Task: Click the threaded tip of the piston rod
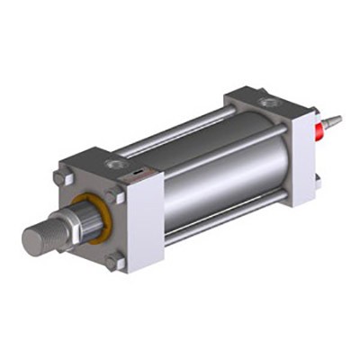click(x=38, y=238)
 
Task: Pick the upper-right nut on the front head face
click(x=112, y=195)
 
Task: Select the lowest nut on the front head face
click(x=114, y=262)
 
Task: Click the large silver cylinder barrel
click(x=225, y=180)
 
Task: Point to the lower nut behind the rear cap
click(x=317, y=182)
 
